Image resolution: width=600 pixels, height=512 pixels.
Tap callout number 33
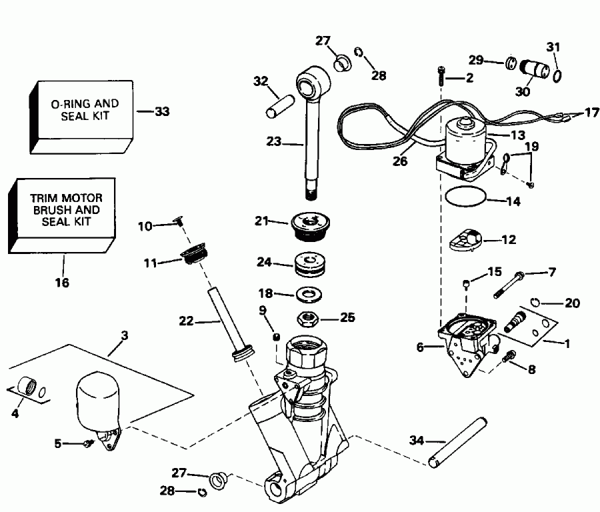coord(161,112)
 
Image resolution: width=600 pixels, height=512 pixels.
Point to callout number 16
coord(63,282)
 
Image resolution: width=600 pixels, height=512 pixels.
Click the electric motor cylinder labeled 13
coord(467,141)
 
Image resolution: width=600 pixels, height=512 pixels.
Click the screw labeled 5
coord(88,443)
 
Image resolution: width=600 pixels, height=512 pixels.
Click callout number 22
coord(185,321)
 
